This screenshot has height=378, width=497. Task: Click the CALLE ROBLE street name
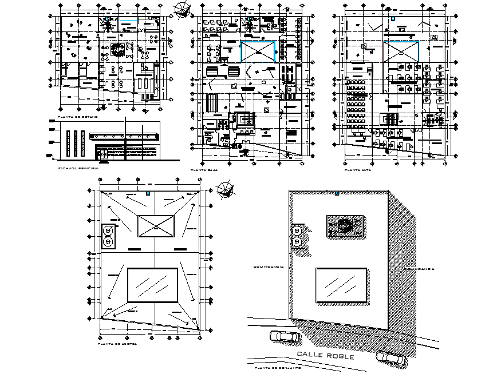325,356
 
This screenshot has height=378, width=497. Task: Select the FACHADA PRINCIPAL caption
79,169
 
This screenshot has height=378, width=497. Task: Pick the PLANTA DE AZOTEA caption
117,345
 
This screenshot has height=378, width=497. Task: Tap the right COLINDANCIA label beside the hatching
419,269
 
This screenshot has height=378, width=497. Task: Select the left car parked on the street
283,337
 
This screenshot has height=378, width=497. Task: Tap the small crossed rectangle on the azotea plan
155,227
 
